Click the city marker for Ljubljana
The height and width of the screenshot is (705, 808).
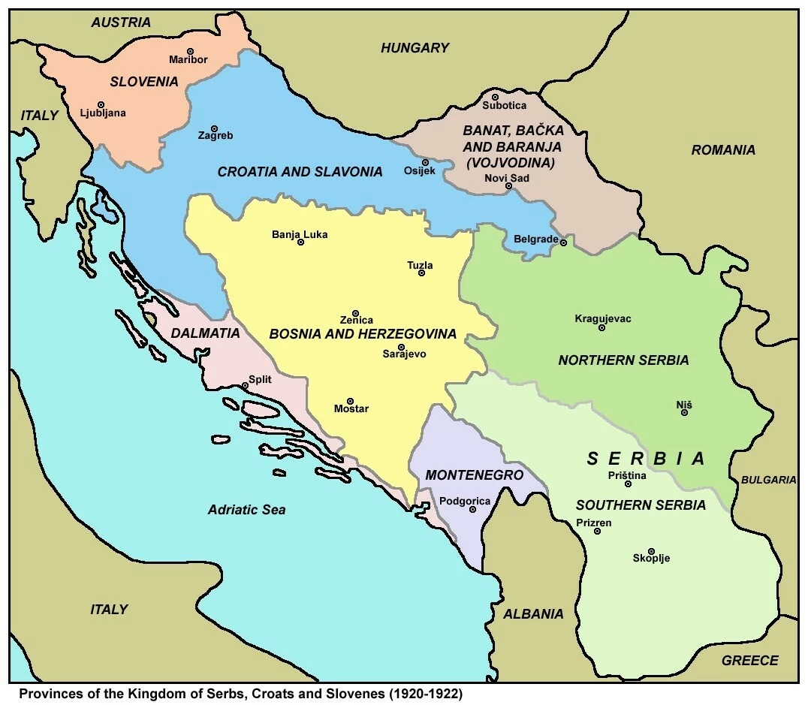tap(101, 105)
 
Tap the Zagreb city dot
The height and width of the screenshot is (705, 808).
tap(214, 128)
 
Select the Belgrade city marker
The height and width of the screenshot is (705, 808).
tap(563, 242)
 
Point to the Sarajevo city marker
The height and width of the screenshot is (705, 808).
tap(401, 346)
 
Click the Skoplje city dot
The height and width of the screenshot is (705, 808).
tap(651, 551)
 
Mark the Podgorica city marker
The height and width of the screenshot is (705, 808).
tap(473, 509)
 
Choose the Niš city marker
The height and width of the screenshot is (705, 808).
tap(685, 412)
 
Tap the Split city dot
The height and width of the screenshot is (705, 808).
tap(245, 386)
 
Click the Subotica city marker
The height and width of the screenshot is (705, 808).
tap(495, 97)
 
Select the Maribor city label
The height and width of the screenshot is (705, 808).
tap(188, 60)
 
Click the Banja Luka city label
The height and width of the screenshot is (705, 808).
tap(300, 234)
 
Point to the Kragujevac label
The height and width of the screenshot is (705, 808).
tap(602, 318)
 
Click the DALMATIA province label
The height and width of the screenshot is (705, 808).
tap(205, 333)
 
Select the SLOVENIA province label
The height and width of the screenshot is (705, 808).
tap(144, 82)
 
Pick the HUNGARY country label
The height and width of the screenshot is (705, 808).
tap(415, 48)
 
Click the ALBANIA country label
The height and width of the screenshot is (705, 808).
tap(533, 613)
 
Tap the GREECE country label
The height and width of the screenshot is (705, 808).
tap(749, 661)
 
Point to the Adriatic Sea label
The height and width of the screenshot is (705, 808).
tap(246, 510)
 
